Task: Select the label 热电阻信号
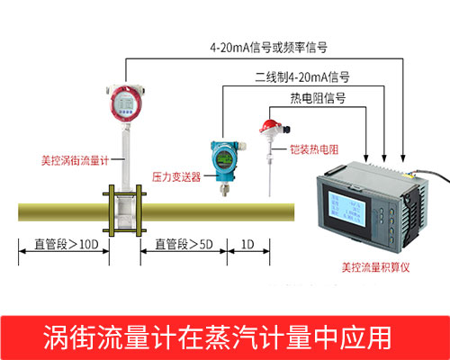(x=316, y=99)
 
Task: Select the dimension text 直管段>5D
(x=184, y=243)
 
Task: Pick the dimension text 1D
(x=247, y=243)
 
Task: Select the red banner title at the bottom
(x=225, y=337)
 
